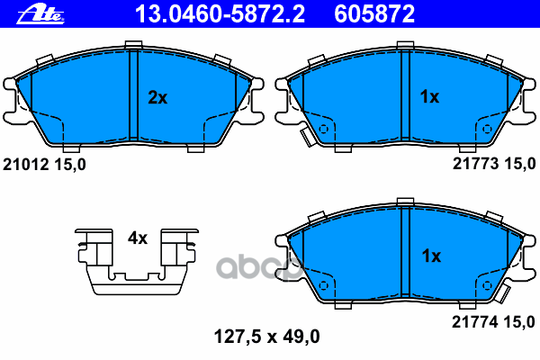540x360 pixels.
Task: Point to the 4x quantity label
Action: click(137, 238)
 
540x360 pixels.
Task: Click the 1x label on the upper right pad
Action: click(430, 97)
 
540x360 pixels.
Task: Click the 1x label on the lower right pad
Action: click(430, 256)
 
